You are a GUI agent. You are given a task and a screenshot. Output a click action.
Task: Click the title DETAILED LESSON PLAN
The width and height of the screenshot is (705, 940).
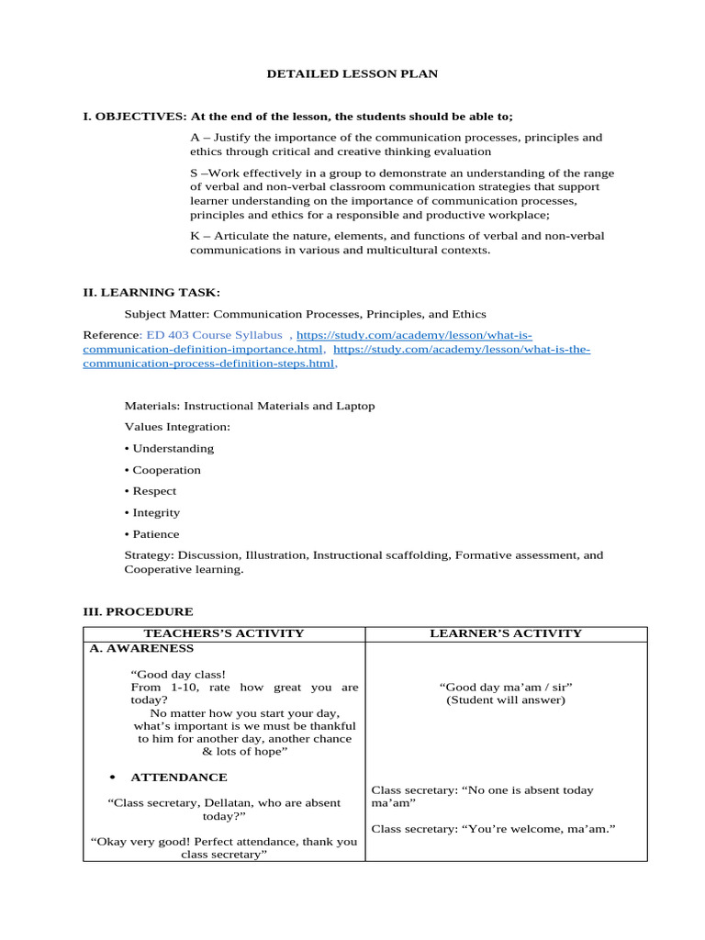pos(352,73)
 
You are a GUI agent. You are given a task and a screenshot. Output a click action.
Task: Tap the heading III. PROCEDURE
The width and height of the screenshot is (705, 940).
pos(138,611)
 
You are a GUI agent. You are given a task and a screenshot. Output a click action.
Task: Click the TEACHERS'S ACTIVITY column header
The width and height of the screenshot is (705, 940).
pos(224,633)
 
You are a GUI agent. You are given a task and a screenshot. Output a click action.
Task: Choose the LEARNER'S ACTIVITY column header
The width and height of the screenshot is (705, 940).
pos(506,633)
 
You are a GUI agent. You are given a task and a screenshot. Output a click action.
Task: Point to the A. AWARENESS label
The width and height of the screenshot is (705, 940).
pos(141,648)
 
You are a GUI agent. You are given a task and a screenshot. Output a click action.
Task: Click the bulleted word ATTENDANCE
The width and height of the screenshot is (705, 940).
pos(179,778)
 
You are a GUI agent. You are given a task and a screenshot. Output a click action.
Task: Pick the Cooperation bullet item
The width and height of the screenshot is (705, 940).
pos(166,470)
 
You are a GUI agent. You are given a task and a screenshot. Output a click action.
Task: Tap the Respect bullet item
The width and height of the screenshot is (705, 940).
pos(154,491)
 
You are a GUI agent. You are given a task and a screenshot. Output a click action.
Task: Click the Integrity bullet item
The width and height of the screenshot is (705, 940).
pos(156,512)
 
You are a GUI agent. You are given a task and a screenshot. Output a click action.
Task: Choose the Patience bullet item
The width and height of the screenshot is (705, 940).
pos(156,534)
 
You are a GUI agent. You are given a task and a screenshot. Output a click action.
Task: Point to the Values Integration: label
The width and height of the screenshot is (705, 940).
pos(177,427)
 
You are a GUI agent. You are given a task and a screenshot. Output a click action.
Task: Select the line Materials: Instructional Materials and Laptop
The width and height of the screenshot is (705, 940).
pos(250,406)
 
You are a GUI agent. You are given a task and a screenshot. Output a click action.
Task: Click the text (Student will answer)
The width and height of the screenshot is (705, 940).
pos(506,700)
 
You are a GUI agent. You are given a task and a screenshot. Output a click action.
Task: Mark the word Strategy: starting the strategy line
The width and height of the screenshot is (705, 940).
pos(150,555)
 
